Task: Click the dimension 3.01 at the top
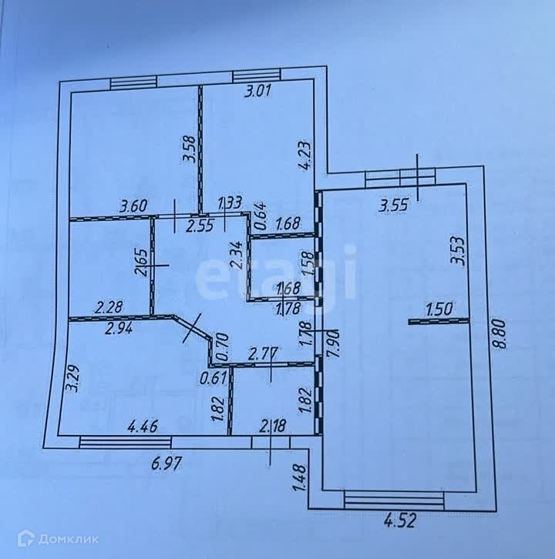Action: (x=259, y=92)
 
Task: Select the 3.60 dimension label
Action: (x=133, y=206)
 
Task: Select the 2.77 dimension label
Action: (x=264, y=354)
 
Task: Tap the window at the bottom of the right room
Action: (x=395, y=499)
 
